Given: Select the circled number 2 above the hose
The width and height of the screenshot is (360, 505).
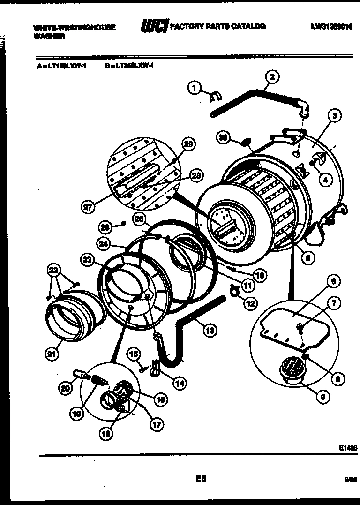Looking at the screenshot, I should tap(272, 76).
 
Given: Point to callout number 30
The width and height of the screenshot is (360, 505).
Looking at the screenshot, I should tap(224, 137).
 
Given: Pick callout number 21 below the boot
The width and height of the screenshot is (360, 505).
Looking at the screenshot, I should tap(53, 354).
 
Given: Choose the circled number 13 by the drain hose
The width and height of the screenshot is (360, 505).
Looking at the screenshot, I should tap(210, 330).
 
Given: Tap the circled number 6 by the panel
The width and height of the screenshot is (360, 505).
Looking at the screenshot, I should tap(333, 281).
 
